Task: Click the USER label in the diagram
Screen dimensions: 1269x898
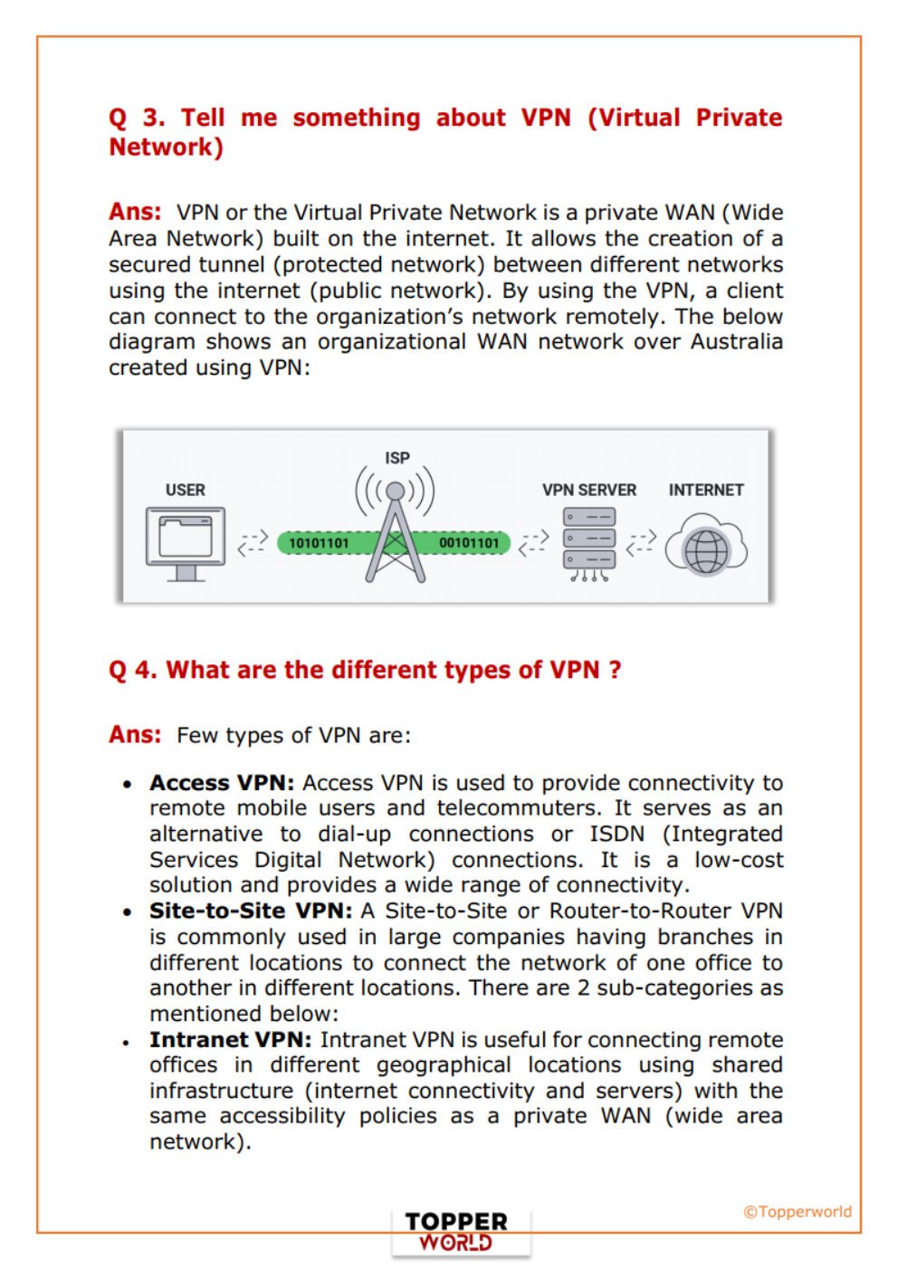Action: tap(185, 490)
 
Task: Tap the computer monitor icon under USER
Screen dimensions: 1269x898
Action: tap(186, 542)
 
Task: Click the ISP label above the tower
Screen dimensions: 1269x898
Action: tap(396, 458)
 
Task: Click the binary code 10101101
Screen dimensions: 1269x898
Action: tap(319, 543)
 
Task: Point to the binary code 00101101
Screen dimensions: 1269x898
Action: tap(468, 543)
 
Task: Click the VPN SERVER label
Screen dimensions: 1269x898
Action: tap(588, 490)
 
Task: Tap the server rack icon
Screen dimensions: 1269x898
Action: tap(588, 542)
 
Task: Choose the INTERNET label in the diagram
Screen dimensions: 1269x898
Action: tap(705, 490)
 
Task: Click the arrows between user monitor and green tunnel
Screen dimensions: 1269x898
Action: tap(253, 542)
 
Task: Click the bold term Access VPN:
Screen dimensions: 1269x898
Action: tap(222, 783)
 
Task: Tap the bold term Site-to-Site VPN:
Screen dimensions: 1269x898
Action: tap(251, 911)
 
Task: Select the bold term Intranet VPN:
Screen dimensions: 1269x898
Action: tap(230, 1040)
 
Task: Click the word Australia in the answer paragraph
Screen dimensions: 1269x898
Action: tap(736, 341)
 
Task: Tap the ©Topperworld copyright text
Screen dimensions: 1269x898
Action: tap(797, 1211)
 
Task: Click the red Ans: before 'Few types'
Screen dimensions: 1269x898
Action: tap(135, 734)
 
